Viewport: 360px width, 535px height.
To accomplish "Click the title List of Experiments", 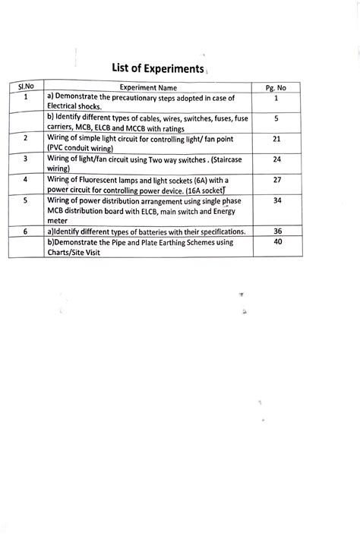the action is pyautogui.click(x=158, y=69).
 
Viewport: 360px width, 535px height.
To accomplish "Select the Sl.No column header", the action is pyautogui.click(x=26, y=89).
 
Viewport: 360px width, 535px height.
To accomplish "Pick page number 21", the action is pyautogui.click(x=276, y=139).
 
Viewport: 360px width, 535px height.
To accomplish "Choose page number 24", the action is pyautogui.click(x=276, y=159).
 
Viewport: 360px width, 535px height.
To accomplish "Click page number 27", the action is pyautogui.click(x=276, y=180).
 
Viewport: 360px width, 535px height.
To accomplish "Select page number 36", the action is pyautogui.click(x=276, y=231).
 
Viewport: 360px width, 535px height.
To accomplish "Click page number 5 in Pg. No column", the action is pyautogui.click(x=276, y=119).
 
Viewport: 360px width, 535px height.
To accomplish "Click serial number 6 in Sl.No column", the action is pyautogui.click(x=26, y=231).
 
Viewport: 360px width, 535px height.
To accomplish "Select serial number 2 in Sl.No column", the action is pyautogui.click(x=26, y=139).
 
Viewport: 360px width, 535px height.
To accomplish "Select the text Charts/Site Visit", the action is pyautogui.click(x=78, y=251).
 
